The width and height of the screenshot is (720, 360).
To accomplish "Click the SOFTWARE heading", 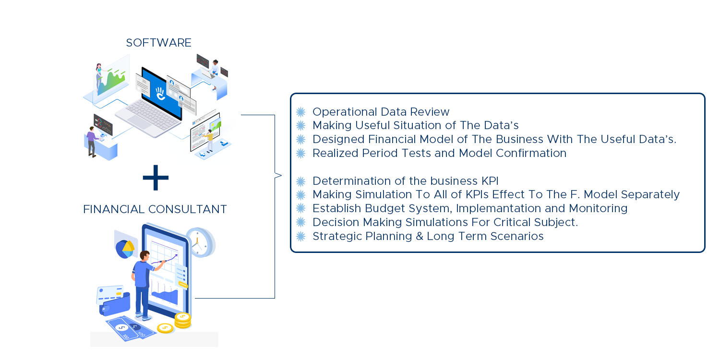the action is click(158, 43).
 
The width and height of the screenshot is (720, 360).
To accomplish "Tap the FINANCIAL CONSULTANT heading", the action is click(155, 209).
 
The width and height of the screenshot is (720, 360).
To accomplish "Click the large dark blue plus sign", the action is click(156, 178).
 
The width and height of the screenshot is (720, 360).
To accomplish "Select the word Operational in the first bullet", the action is click(343, 112).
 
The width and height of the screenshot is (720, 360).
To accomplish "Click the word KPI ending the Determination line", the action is click(490, 181).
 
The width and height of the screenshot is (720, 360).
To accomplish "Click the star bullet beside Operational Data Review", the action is click(300, 112).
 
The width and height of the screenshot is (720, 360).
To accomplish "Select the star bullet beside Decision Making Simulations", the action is click(300, 222).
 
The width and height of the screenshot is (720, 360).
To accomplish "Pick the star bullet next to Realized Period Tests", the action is click(300, 153).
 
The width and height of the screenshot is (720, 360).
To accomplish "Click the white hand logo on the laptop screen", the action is click(160, 94).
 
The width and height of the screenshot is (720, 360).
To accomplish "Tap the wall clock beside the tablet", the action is click(201, 243).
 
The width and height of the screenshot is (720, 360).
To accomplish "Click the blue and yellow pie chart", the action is click(125, 249).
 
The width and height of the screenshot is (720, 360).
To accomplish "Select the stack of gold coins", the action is click(183, 321).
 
